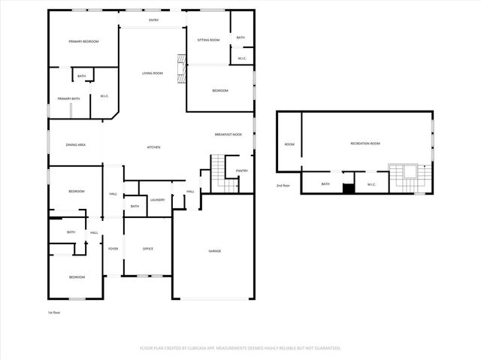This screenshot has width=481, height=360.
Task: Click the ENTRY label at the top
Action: (154, 20)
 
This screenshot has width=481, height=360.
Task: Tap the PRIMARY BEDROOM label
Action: (83, 41)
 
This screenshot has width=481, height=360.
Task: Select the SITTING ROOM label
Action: (208, 40)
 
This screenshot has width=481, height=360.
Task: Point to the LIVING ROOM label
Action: (153, 73)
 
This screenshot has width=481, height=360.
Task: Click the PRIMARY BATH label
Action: (69, 98)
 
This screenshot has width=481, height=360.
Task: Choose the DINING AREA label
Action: (75, 144)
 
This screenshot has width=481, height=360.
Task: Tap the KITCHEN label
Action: (153, 147)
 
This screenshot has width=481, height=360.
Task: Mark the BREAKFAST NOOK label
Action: (228, 134)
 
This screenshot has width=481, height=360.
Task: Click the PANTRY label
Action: (241, 171)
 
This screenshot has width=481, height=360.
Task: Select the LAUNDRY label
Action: (157, 200)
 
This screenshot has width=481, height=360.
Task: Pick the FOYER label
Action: (113, 249)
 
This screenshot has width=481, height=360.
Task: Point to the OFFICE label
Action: (148, 249)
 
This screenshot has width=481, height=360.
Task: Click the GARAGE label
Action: (215, 251)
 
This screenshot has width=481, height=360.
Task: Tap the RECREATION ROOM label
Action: (365, 144)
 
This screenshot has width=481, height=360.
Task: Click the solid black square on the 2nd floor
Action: (348, 188)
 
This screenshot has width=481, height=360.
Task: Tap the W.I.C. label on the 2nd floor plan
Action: (371, 184)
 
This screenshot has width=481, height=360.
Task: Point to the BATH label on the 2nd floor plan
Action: (325, 184)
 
